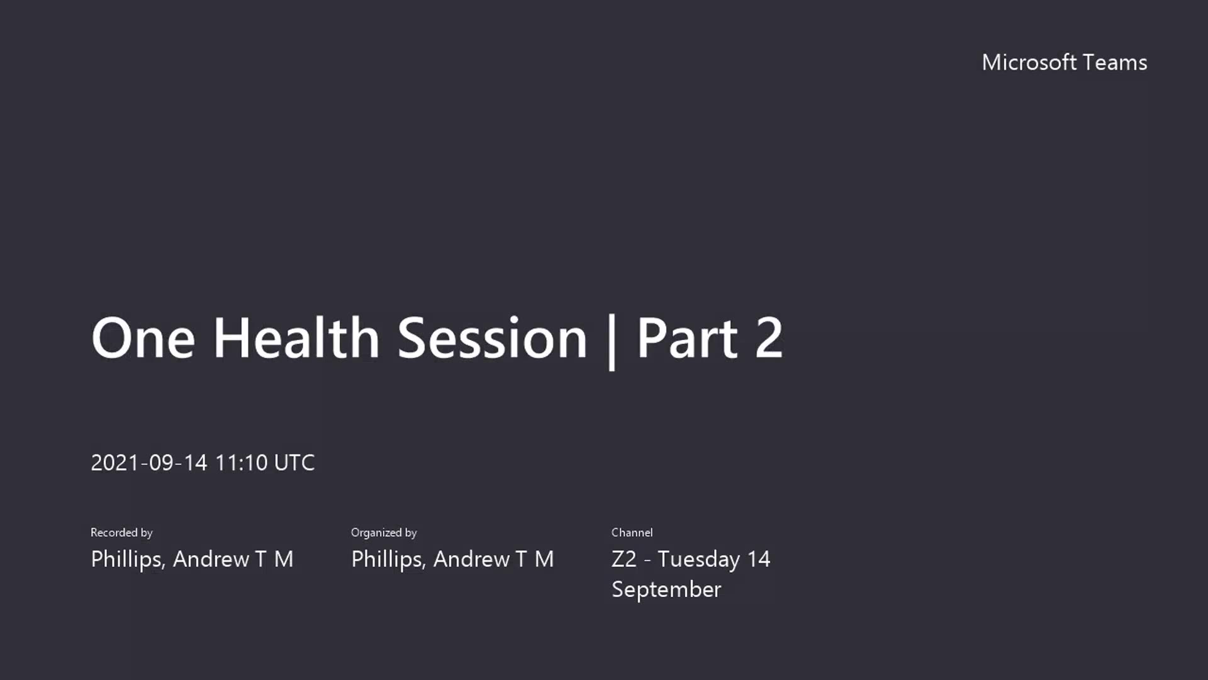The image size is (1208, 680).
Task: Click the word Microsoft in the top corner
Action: tap(1029, 62)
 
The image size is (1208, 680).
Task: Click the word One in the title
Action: tap(143, 338)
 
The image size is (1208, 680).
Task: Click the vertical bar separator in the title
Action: tap(612, 341)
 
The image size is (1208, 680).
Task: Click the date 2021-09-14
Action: tap(149, 463)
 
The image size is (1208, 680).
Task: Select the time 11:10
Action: tap(242, 463)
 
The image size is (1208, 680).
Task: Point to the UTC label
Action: tap(294, 463)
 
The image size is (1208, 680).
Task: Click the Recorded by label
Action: tap(121, 533)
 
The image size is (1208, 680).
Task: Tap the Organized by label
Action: tap(384, 533)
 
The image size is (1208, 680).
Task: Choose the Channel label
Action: tap(632, 533)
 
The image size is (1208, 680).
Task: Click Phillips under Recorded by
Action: tap(128, 559)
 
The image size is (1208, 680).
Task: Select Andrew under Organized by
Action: tap(472, 559)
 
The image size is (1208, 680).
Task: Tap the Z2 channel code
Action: tap(624, 559)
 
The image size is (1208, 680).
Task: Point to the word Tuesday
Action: tap(699, 560)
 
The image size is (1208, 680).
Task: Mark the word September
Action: tap(666, 590)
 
